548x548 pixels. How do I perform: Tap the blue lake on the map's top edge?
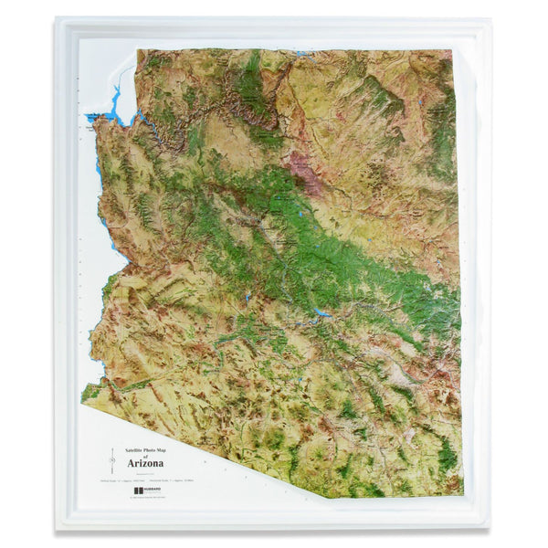click(301, 53)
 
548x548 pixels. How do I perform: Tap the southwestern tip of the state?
click(82, 398)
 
